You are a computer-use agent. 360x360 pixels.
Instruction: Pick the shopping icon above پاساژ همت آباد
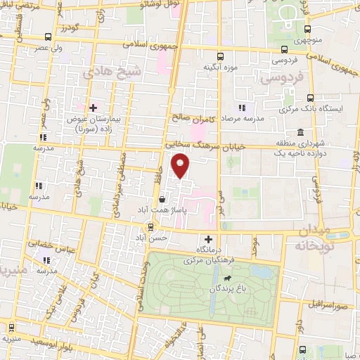coord(162,199)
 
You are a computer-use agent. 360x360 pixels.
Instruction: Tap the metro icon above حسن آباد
coord(150,226)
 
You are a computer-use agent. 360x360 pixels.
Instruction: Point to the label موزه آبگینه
coord(219,67)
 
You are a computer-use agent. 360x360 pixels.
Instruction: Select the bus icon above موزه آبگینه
coord(220,56)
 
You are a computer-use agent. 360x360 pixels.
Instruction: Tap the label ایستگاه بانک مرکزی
coord(321,110)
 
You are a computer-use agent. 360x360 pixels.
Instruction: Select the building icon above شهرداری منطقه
coord(300,132)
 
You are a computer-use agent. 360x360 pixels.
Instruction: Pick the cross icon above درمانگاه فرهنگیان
coord(208,239)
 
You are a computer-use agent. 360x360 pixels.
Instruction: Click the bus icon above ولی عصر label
coord(47,37)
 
